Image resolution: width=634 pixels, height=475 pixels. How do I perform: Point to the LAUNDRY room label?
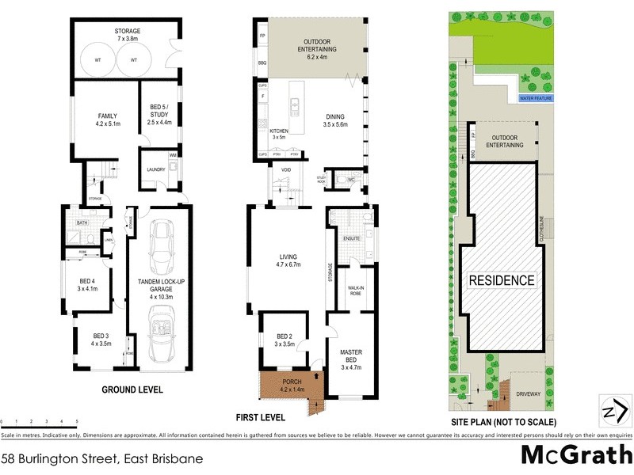[155, 169]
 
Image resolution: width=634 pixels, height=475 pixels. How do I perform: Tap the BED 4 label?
[86, 284]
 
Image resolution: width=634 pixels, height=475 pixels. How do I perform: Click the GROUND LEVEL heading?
[132, 389]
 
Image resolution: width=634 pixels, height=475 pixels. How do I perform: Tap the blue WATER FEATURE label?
[535, 99]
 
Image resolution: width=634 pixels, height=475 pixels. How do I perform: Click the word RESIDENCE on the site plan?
[502, 280]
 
